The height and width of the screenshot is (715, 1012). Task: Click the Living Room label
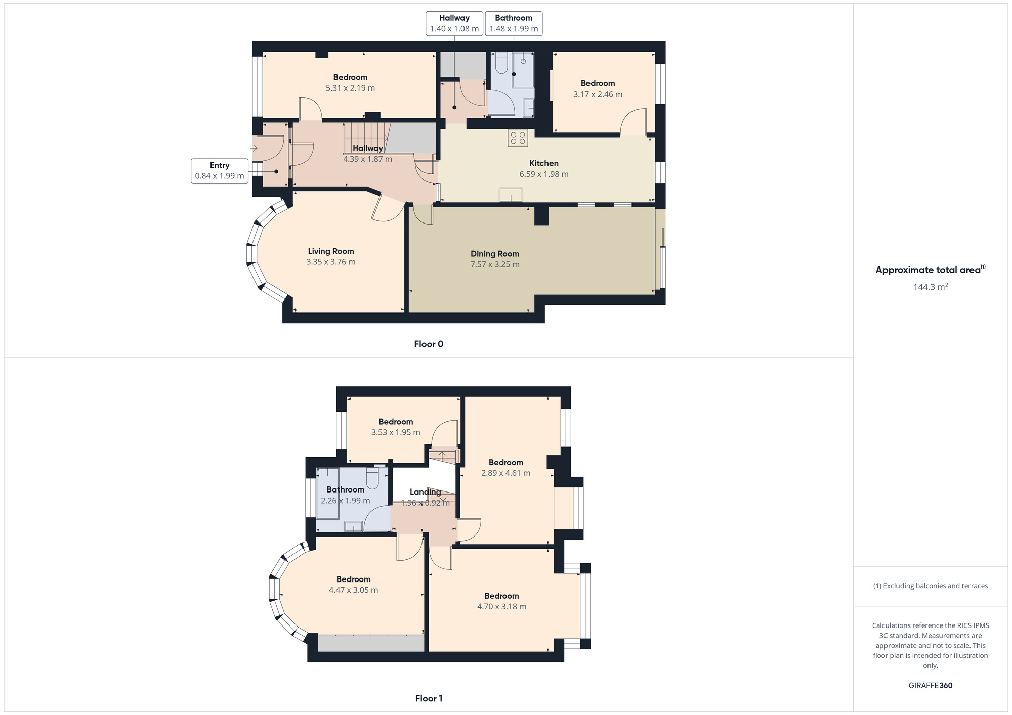(331, 251)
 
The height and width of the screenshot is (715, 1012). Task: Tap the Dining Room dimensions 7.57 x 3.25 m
(495, 264)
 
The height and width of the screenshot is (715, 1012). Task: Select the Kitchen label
(544, 163)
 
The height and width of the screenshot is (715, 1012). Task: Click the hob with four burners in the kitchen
(518, 138)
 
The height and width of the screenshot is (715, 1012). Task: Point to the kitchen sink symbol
(511, 195)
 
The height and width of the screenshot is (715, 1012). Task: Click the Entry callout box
(220, 171)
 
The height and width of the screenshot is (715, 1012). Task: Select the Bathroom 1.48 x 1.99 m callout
(514, 23)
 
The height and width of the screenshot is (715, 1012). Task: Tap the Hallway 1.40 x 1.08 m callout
(454, 23)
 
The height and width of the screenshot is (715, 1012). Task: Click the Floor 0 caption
(429, 344)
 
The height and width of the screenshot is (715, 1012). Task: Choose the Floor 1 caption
(429, 698)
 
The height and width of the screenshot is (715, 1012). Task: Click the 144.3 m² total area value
(931, 287)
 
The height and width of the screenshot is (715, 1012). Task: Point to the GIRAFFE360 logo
(931, 686)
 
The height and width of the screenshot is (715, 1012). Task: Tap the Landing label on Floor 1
(425, 492)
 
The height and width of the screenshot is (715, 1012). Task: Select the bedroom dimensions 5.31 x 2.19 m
(350, 88)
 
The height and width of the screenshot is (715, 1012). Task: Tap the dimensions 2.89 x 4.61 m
(505, 473)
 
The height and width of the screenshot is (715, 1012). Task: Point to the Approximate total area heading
(929, 270)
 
